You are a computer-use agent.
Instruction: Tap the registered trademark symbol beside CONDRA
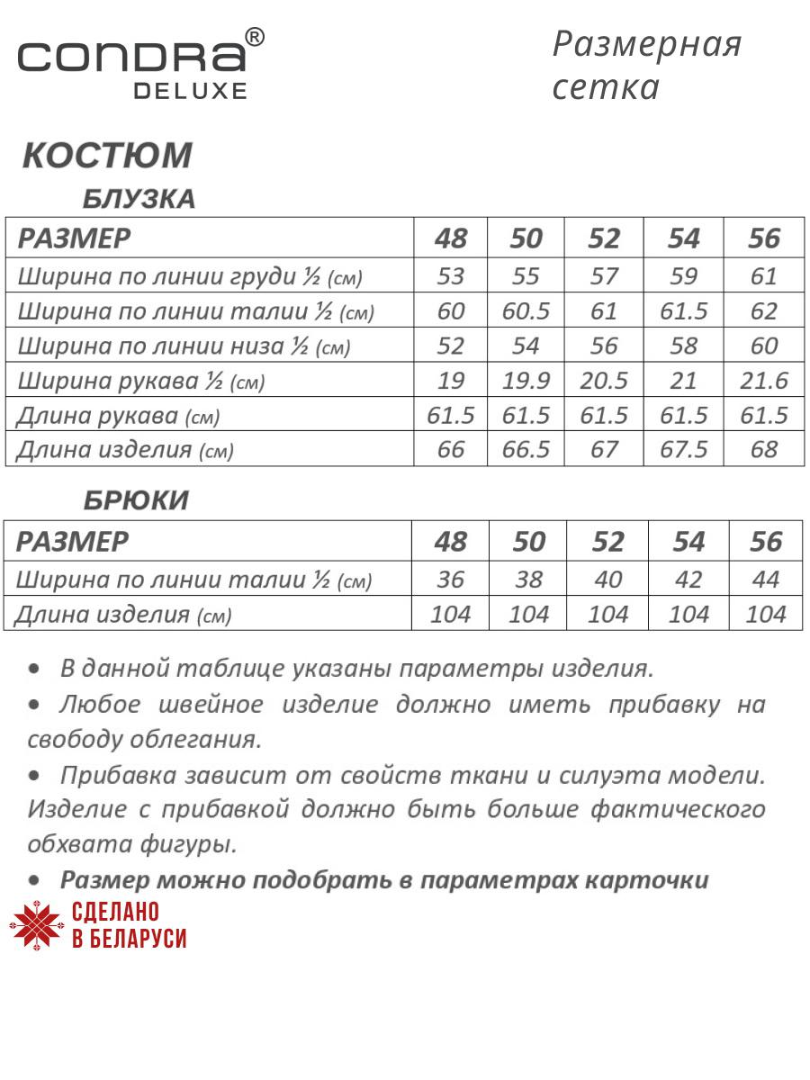[x=255, y=37]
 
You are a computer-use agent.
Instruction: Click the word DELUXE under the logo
[x=190, y=90]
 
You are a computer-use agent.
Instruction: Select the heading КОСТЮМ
[x=107, y=155]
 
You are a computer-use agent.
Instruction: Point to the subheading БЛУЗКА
[x=139, y=199]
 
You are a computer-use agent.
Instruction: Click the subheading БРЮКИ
[x=136, y=500]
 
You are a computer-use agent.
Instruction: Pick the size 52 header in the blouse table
[x=604, y=238]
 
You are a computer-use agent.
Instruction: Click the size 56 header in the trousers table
[x=766, y=542]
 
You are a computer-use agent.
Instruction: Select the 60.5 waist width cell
[x=526, y=311]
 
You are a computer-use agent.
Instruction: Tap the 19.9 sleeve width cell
[x=526, y=381]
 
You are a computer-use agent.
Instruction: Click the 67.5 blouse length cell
[x=684, y=449]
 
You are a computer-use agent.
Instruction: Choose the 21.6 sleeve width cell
[x=764, y=381]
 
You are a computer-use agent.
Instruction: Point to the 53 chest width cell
[x=450, y=276]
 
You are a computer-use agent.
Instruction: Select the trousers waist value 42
[x=688, y=580]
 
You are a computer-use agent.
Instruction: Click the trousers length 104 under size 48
[x=451, y=615]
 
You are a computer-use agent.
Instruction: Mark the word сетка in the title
[x=606, y=88]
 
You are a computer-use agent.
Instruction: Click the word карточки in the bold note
[x=652, y=880]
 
